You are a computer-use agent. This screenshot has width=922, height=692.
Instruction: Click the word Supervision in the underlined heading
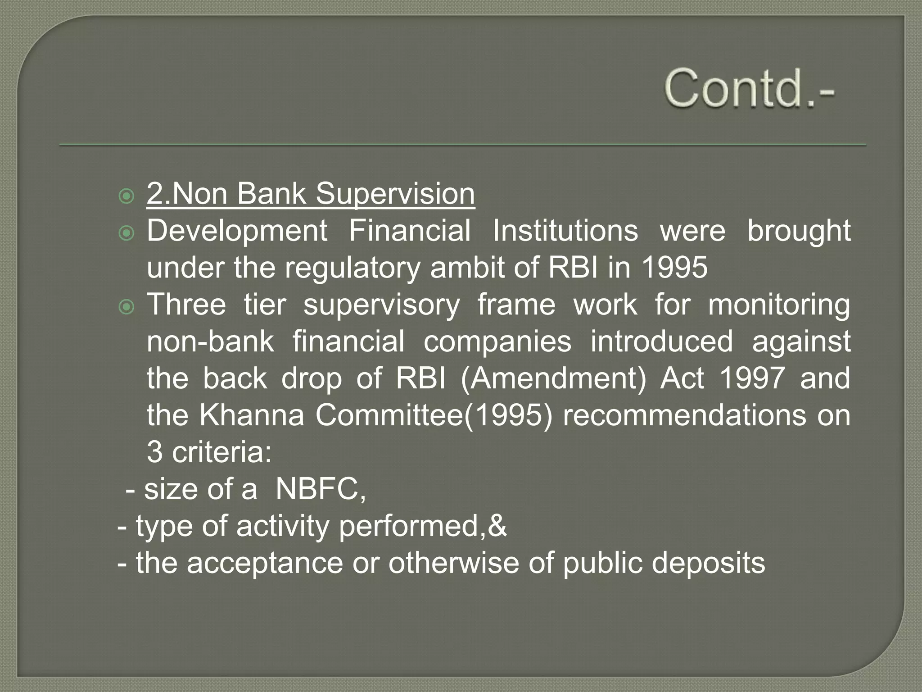tap(395, 194)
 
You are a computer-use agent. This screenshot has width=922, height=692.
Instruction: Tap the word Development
tap(237, 231)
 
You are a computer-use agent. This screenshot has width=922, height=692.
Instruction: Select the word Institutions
tap(565, 231)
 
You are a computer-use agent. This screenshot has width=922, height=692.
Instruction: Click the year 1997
tap(752, 378)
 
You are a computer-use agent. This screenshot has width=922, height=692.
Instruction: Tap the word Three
tap(186, 305)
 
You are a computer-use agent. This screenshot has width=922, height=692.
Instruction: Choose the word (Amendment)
tap(553, 379)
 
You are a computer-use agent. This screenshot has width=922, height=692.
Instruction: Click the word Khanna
tap(252, 415)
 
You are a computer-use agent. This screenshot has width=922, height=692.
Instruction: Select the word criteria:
tap(222, 452)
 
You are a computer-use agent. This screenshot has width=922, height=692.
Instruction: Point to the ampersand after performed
tap(497, 526)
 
